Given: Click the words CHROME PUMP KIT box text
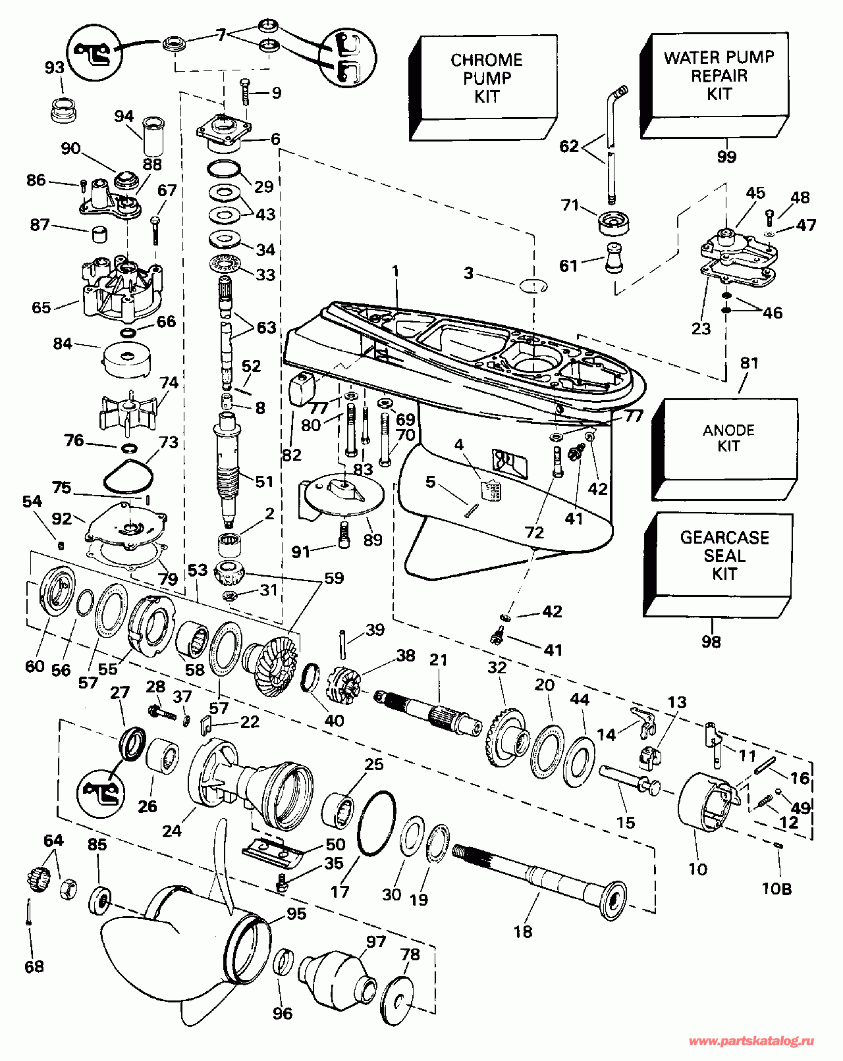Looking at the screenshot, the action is pyautogui.click(x=486, y=78).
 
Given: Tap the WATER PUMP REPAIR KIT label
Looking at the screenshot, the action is pyautogui.click(x=719, y=76).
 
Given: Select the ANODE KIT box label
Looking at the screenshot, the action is pyautogui.click(x=728, y=438).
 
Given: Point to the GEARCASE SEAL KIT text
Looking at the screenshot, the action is pyautogui.click(x=724, y=555).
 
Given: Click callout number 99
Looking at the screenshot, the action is pyautogui.click(x=726, y=157).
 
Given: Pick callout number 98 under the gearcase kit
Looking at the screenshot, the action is pyautogui.click(x=711, y=642).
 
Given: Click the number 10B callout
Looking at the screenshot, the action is pyautogui.click(x=777, y=889).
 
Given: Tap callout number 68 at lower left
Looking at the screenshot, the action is pyautogui.click(x=34, y=966).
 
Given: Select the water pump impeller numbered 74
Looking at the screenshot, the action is pyautogui.click(x=130, y=412).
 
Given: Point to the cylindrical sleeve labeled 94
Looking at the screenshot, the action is pyautogui.click(x=153, y=136).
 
